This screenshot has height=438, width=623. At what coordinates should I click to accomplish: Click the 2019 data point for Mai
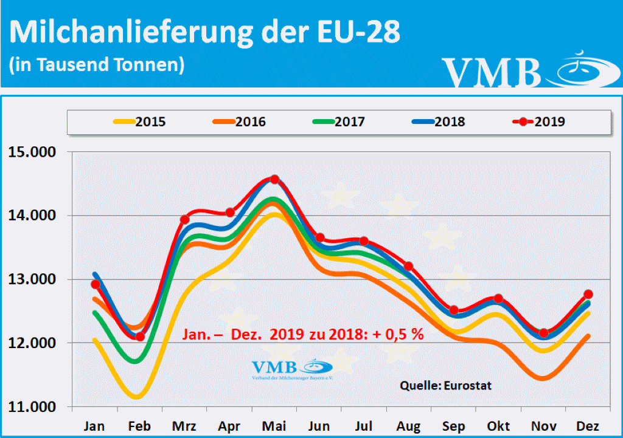coord(274,179)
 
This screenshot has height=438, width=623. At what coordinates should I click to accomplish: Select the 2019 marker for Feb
coord(140,337)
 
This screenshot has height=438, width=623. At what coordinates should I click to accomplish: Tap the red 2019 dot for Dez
coord(588,294)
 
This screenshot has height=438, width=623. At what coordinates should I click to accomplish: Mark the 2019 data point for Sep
coord(454,310)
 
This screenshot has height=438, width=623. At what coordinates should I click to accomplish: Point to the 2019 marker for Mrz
coord(185,219)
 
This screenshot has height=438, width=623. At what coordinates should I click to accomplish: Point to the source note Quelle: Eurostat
coord(445,385)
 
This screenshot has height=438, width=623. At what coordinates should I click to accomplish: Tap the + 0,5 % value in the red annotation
coord(399,334)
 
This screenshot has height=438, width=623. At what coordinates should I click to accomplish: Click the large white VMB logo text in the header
coord(492,72)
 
